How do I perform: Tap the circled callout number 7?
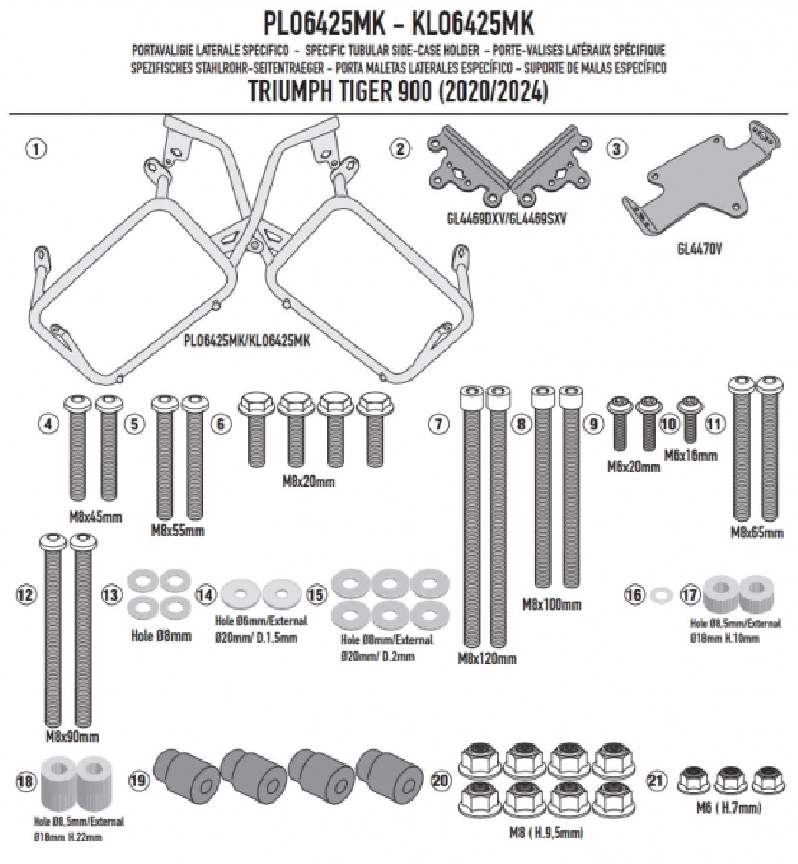438,424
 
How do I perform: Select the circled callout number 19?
137,781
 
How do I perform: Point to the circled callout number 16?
633,595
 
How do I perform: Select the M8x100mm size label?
552,604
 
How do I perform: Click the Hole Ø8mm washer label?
159,635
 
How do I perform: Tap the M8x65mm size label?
757,533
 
